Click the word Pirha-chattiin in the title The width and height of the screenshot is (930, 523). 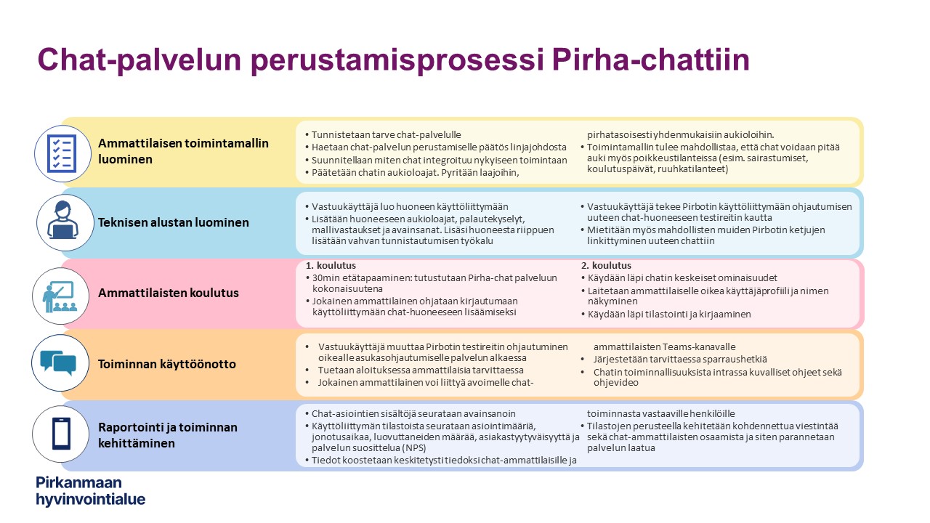point(650,60)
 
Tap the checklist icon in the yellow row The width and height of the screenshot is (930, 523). point(62,153)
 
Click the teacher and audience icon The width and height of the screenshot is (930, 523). point(60,296)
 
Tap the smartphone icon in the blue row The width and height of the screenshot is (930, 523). point(61,434)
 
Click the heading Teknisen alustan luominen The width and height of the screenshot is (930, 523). point(174,222)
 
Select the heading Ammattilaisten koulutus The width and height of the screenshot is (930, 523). point(168,293)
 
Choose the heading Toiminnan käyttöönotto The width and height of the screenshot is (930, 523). point(167,364)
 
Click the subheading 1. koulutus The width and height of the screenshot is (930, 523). point(331,265)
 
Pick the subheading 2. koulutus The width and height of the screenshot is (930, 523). point(606,265)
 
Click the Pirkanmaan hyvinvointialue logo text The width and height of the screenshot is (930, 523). point(91,491)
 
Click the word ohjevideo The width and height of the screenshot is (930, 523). point(615,383)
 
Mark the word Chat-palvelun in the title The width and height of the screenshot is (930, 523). point(139,60)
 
